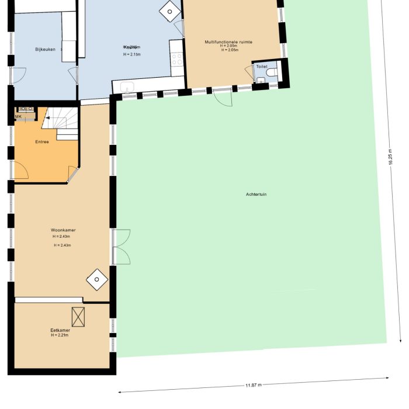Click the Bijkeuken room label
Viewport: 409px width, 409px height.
pos(45,50)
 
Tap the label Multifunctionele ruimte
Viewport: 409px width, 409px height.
pos(228,42)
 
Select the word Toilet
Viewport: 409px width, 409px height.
pos(261,67)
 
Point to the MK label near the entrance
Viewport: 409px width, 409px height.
pos(18,116)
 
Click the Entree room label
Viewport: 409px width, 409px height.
pos(42,141)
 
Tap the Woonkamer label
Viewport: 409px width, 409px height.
pos(63,230)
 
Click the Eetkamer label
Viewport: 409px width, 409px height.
pos(60,330)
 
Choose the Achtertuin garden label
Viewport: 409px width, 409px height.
pos(256,194)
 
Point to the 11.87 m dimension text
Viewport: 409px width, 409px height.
pos(253,385)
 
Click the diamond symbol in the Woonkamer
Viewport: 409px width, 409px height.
pos(96,280)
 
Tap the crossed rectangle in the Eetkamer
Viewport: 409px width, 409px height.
pos(78,317)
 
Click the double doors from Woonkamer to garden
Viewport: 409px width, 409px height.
pos(121,247)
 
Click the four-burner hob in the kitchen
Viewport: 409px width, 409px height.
pos(176,58)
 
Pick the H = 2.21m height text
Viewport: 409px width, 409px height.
pos(60,335)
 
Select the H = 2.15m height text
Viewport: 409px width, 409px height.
pos(132,54)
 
